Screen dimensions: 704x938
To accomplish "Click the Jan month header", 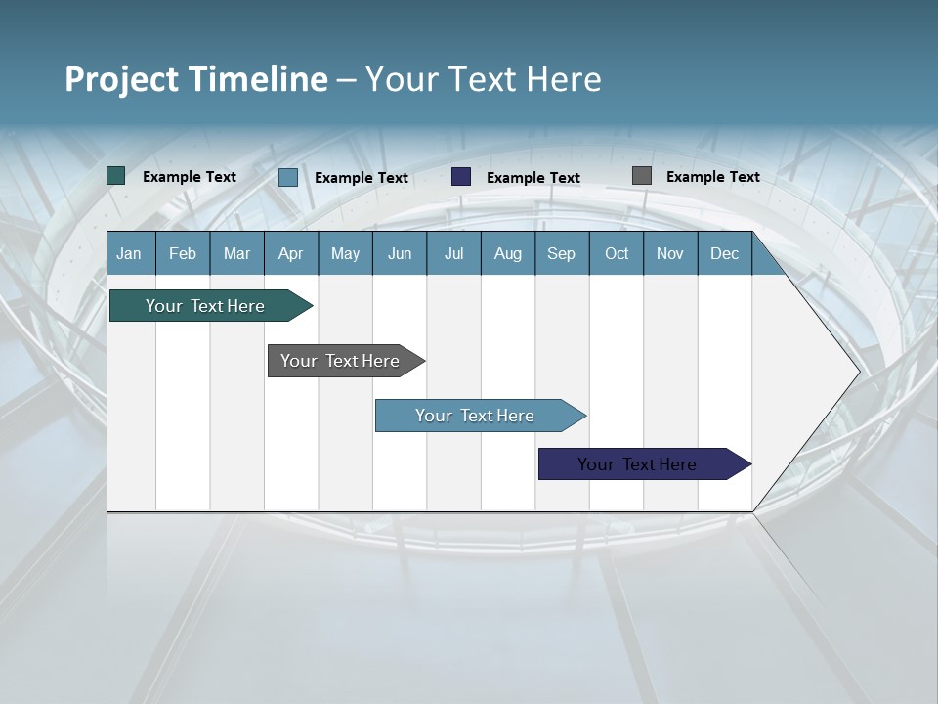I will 130,253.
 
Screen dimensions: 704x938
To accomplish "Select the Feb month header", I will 183,253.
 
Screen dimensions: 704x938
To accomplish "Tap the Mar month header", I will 236,253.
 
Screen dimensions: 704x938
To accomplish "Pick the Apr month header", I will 291,253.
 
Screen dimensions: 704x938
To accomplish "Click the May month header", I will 345,253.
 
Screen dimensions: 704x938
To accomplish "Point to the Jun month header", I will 400,253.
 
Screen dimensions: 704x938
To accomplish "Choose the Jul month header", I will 453,253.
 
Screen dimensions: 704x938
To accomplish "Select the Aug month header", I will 508,253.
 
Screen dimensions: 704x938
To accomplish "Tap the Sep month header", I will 562,253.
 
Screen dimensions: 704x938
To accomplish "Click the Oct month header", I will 617,253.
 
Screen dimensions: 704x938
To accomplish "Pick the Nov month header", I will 670,253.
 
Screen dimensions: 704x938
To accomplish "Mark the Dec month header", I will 725,253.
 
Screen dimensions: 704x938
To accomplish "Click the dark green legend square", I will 116,176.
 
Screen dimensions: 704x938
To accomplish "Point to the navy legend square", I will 461,176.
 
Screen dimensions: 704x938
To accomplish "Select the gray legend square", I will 642,176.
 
